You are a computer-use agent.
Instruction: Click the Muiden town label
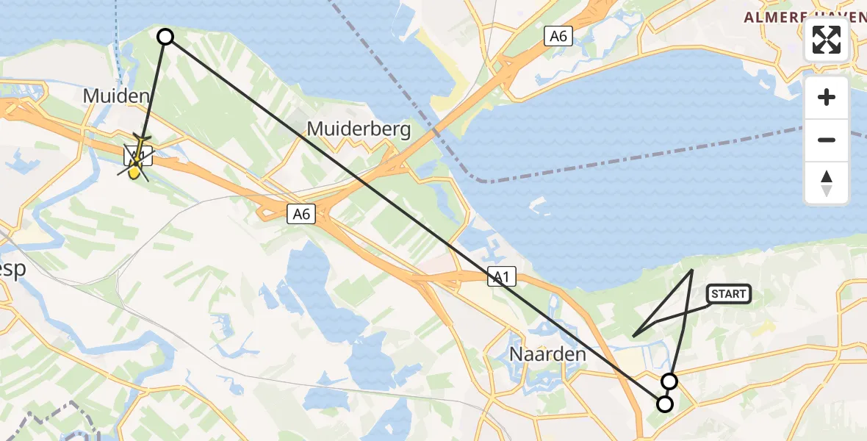117,96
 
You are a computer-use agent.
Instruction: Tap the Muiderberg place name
359,129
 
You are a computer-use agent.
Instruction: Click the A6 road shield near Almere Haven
558,36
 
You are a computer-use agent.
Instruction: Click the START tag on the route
728,294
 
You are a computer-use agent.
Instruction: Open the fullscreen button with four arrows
827,40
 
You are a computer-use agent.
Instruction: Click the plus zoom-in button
827,97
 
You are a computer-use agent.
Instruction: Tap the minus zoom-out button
827,140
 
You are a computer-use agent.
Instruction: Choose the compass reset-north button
827,183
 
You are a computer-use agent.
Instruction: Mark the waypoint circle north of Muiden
165,37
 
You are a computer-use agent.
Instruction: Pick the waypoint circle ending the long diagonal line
665,404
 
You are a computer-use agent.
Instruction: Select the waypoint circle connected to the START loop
669,381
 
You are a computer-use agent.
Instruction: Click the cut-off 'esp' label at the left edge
12,269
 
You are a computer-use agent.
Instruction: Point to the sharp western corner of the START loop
633,336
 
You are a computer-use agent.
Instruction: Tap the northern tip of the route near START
693,270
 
